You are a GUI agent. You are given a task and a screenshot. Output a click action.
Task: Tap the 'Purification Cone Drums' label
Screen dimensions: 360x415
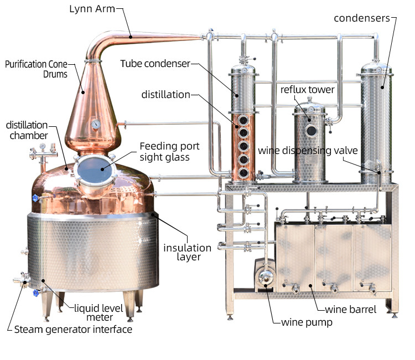[x=36, y=69]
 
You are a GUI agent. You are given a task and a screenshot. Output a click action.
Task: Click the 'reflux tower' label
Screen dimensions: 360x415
[x=307, y=89]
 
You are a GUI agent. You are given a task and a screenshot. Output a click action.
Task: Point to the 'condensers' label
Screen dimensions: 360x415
[x=362, y=18]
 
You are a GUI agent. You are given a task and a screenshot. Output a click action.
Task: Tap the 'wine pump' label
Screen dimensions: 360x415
[x=307, y=322]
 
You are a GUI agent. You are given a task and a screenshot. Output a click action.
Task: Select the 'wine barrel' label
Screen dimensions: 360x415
[x=350, y=309]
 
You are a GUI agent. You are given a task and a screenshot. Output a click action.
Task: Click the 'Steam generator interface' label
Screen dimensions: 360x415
[x=73, y=330]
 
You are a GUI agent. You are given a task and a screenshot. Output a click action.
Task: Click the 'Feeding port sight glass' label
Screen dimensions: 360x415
[x=169, y=152]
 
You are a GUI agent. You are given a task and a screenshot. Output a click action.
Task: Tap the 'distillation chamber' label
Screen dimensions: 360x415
[x=27, y=130]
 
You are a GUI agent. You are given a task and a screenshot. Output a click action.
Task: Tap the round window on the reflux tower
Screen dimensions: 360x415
[x=312, y=131]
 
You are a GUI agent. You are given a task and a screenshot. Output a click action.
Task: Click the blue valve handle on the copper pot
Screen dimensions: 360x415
[x=35, y=198]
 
